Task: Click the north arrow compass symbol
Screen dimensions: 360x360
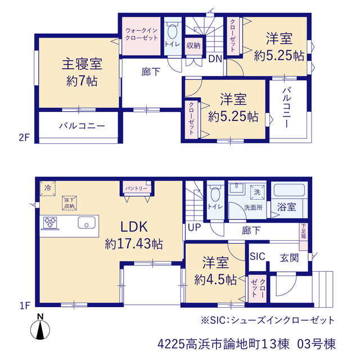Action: click(x=40, y=327)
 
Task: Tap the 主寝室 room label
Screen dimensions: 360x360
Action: click(x=82, y=64)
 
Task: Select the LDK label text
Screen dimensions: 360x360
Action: click(x=134, y=227)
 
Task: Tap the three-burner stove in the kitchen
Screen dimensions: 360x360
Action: click(x=50, y=223)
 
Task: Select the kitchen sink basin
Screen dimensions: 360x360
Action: click(x=87, y=223)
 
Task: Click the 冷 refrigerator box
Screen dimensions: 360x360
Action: click(x=48, y=188)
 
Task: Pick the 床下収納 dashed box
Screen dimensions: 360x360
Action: click(x=69, y=203)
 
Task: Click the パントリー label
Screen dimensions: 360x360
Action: click(x=136, y=188)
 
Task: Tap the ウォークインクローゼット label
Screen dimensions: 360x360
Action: click(x=141, y=34)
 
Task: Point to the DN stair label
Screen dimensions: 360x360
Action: click(x=215, y=59)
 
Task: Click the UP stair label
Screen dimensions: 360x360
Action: click(x=195, y=227)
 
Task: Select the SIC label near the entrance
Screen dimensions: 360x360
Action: click(x=258, y=256)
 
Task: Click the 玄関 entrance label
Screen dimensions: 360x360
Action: click(x=289, y=258)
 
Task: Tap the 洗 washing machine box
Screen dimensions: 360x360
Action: click(x=258, y=192)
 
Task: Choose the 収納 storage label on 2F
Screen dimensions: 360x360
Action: click(x=193, y=46)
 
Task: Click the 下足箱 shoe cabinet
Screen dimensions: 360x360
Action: click(x=304, y=237)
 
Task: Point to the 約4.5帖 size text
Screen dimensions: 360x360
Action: click(x=215, y=280)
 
